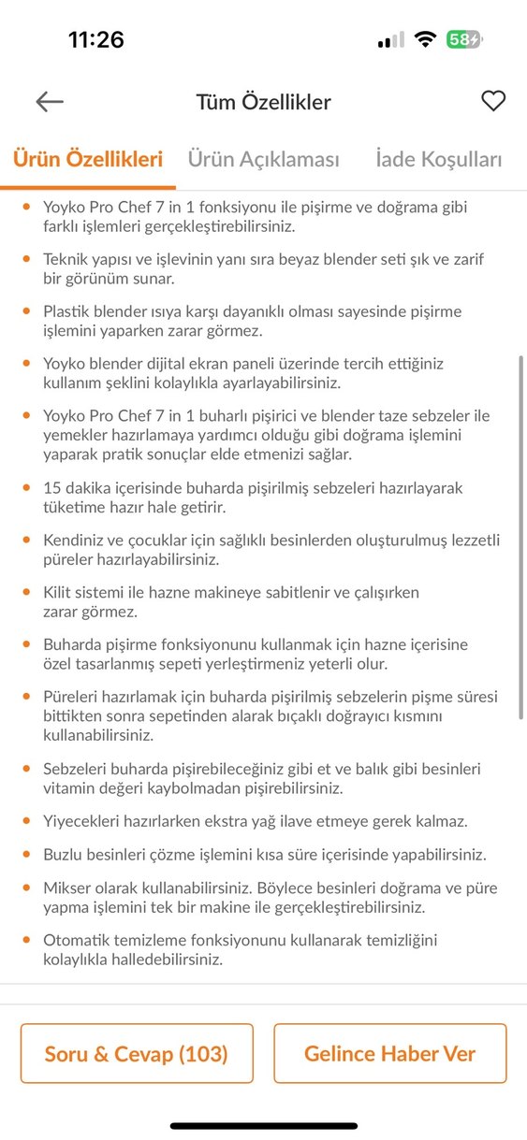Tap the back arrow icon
click(50, 102)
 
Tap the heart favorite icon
click(493, 101)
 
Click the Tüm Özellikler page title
click(263, 102)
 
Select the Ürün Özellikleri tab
click(88, 159)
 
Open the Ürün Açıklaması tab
click(263, 159)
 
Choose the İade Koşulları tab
click(438, 159)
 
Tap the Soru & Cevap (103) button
click(137, 1054)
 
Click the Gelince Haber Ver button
click(389, 1054)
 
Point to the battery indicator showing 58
click(463, 39)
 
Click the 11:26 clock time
click(95, 39)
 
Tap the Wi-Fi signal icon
click(426, 39)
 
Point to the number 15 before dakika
click(52, 488)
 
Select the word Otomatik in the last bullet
click(75, 940)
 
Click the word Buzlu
click(63, 855)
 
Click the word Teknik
click(66, 258)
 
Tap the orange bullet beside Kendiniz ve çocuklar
click(25, 541)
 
